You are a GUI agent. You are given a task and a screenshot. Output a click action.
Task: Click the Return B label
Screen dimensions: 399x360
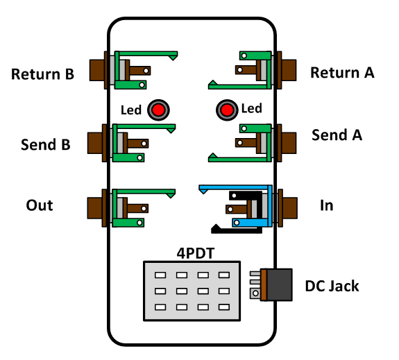point(42,74)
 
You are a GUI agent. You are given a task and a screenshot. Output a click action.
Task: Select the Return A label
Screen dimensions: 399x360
point(342,73)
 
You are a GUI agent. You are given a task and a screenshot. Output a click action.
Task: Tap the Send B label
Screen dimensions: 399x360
point(46,144)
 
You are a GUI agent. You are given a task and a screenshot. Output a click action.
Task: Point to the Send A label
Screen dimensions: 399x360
point(337,135)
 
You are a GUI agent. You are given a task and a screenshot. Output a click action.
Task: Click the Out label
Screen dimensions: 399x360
point(40,205)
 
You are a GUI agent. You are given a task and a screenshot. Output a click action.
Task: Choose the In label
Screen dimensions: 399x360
point(326,205)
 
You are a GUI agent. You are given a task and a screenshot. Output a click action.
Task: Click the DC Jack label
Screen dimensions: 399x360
point(332,286)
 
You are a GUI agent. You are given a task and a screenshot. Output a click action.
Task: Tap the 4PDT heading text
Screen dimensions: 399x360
point(196,253)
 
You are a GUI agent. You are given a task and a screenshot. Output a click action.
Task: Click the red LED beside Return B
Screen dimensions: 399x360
point(158,110)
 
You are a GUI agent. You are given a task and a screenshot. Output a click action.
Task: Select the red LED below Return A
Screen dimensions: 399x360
point(227,110)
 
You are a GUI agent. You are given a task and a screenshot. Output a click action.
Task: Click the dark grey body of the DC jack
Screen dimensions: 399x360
point(279,284)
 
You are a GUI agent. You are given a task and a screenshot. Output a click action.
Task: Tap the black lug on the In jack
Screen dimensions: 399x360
point(245,196)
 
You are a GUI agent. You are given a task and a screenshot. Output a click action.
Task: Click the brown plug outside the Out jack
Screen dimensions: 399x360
point(94,208)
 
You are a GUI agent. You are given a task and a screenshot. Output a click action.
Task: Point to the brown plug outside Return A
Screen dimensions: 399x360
point(289,70)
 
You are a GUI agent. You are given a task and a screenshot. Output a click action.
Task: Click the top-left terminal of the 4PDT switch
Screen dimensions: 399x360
point(160,275)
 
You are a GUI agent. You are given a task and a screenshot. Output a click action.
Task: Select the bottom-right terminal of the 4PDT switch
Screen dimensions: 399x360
point(224,307)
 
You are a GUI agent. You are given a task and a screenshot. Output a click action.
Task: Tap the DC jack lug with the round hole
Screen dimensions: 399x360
point(255,293)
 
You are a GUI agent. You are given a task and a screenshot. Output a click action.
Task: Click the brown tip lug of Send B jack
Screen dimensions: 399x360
point(138,144)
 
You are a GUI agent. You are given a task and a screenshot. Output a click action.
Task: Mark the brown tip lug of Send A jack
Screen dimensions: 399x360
point(246,143)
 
